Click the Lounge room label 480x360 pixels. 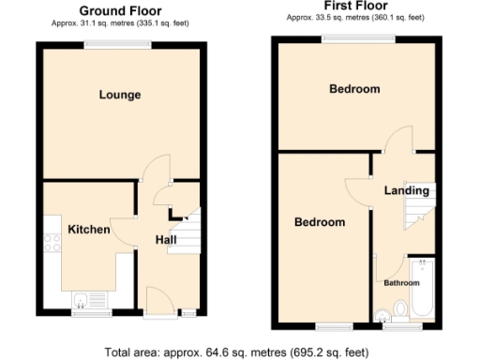point(119,95)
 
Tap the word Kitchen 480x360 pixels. point(89,230)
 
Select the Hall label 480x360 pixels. point(166,241)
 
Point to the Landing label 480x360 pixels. point(407,190)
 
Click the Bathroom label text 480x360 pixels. point(402,282)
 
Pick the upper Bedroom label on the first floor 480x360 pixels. point(354,89)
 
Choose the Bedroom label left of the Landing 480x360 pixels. point(320,223)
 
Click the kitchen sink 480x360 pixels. point(82,301)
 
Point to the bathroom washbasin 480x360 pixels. point(380,312)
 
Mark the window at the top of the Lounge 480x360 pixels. point(119,44)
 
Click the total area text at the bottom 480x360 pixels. point(240,352)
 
